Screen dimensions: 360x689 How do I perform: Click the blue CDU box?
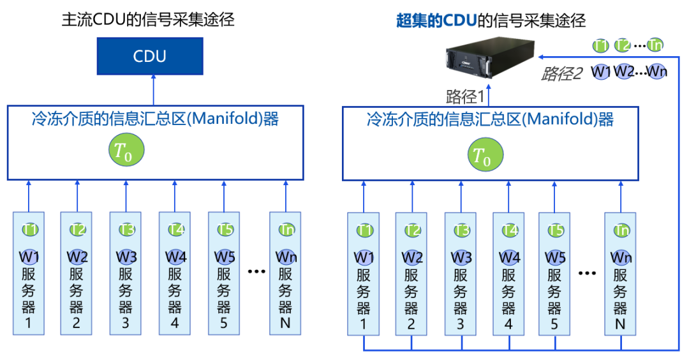pyautogui.click(x=150, y=56)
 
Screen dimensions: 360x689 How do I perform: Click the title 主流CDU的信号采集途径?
pyautogui.click(x=148, y=20)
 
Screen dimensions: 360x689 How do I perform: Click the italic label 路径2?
pyautogui.click(x=561, y=73)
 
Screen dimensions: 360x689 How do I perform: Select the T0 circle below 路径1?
pyautogui.click(x=485, y=154)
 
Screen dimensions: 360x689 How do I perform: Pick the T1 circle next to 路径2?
pyautogui.click(x=600, y=45)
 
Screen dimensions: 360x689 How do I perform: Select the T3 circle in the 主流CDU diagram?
pyautogui.click(x=126, y=230)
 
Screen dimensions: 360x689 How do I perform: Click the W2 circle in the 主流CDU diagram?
pyautogui.click(x=76, y=257)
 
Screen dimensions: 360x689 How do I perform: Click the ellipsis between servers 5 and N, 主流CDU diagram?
pyautogui.click(x=256, y=271)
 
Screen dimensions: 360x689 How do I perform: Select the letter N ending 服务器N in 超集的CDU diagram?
pyautogui.click(x=620, y=324)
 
